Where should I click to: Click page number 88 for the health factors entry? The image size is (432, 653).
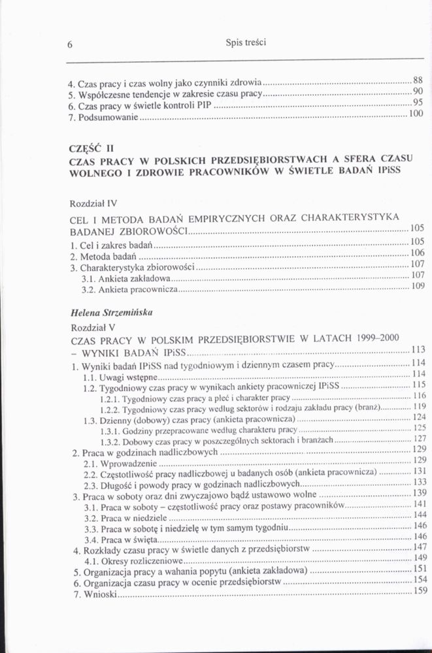coord(418,80)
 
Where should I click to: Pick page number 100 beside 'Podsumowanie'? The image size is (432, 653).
coord(416,114)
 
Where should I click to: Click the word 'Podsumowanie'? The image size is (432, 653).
coord(108,118)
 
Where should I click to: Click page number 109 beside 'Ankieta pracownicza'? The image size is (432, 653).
coord(418,285)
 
